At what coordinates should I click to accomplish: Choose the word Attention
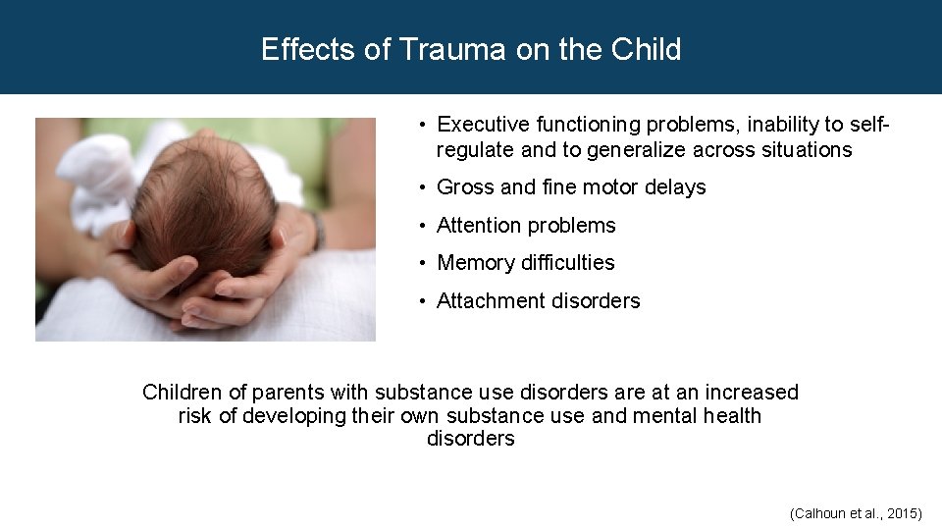[481, 226]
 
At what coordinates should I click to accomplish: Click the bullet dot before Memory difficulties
[421, 263]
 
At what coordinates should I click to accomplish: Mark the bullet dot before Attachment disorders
[421, 301]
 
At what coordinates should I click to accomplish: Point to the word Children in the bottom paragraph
[183, 393]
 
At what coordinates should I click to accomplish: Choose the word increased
[752, 393]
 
